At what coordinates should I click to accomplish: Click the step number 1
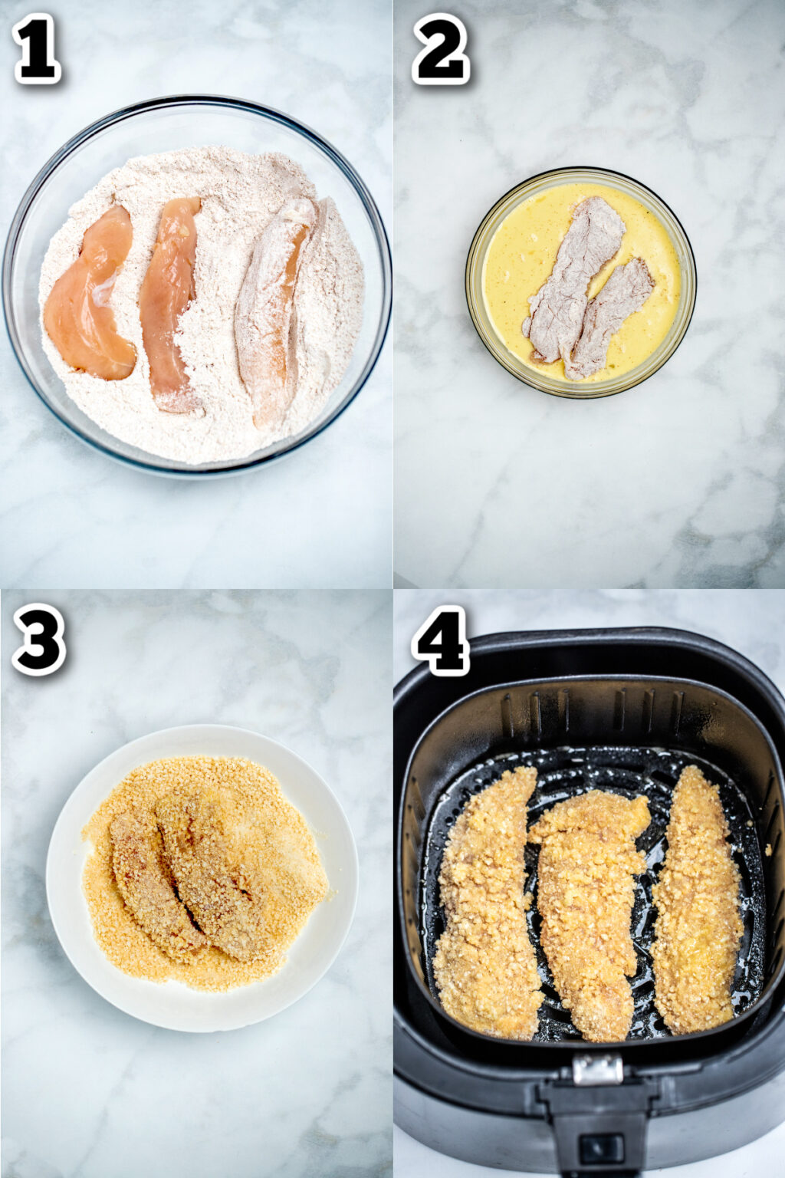point(36,48)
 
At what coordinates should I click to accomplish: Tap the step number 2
point(440,48)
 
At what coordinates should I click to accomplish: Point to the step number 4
point(440,640)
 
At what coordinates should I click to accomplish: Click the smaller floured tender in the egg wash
point(609,314)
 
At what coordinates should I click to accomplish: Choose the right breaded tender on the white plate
point(211,874)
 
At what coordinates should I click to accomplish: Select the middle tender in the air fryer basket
point(586,913)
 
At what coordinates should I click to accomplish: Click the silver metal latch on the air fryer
point(597,1069)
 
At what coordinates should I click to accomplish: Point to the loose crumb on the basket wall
point(768,850)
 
